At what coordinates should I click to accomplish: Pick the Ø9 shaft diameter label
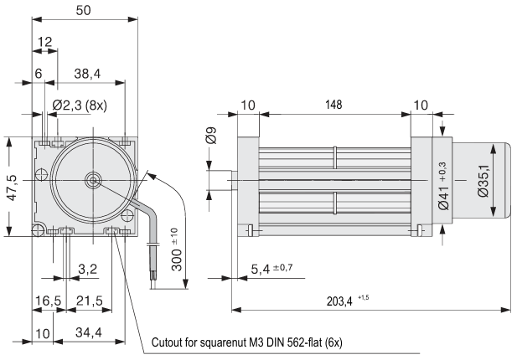coord(212,134)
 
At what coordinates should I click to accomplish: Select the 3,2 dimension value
coord(87,269)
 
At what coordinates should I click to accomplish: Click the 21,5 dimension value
coord(89,299)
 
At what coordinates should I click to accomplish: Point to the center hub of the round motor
coord(92,179)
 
